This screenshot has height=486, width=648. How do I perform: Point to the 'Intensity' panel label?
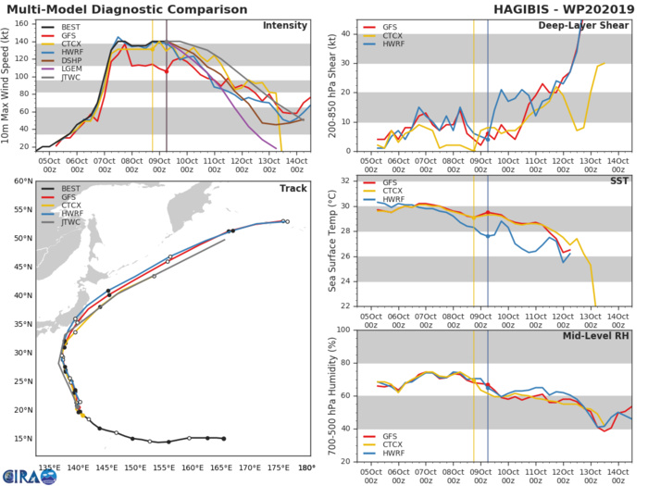coord(284,25)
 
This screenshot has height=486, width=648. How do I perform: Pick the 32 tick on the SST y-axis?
coord(347,181)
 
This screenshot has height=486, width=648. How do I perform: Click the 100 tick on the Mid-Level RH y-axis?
coord(344,330)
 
